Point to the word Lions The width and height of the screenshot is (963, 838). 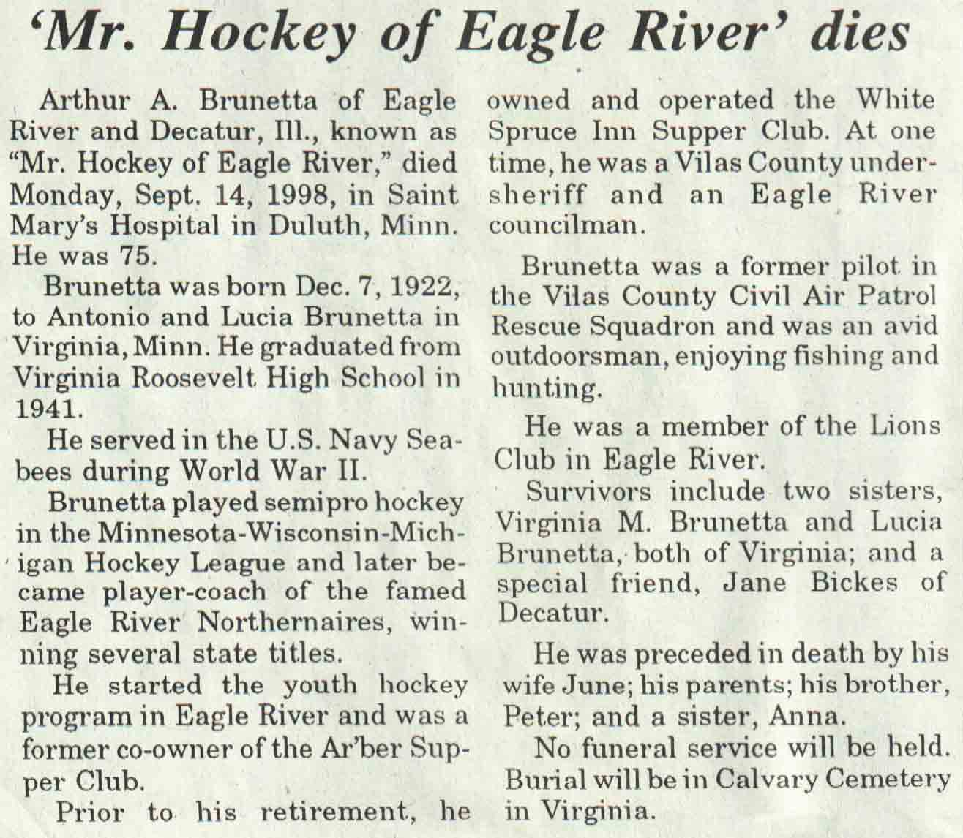tap(902, 427)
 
